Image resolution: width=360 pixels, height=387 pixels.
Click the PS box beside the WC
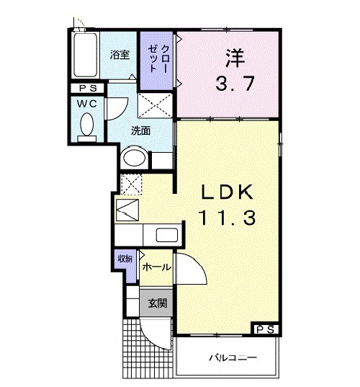click(89, 89)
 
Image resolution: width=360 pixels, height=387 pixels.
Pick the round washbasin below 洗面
click(134, 159)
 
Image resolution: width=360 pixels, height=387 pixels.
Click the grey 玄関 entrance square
click(158, 303)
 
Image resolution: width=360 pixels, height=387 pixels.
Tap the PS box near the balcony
click(264, 329)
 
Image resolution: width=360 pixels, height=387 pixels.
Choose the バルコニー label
click(233, 357)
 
